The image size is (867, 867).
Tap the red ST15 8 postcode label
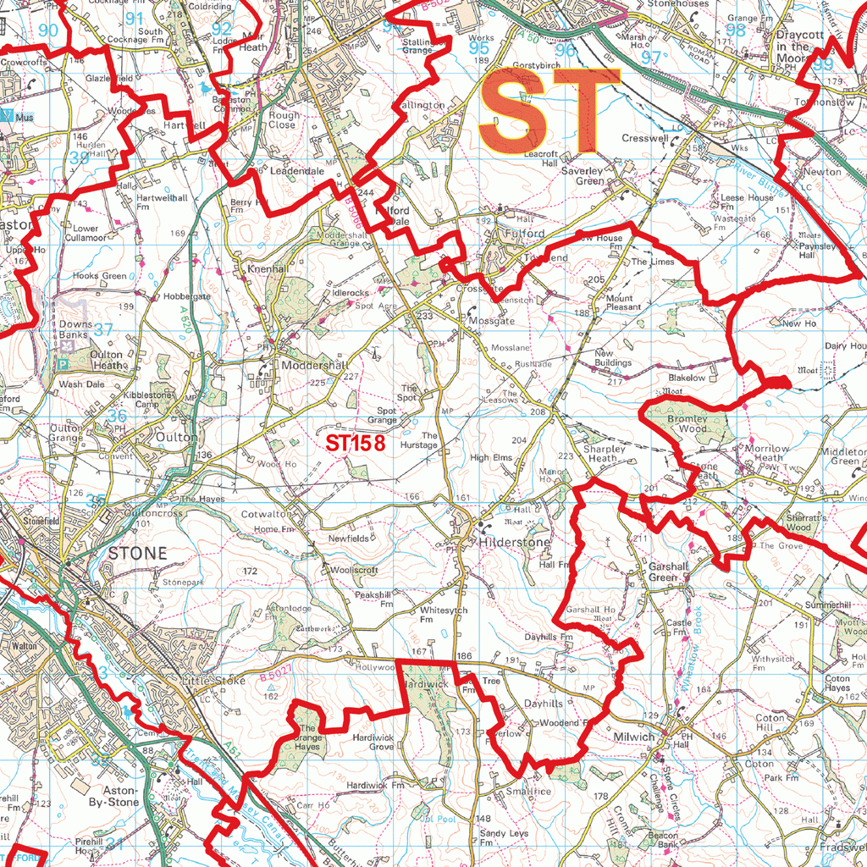[356, 442]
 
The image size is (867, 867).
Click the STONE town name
[138, 553]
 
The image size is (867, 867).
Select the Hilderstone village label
[515, 542]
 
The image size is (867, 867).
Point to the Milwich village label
[634, 737]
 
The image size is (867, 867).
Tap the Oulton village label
[176, 438]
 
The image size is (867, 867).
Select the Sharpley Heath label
[605, 453]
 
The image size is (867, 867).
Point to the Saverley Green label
[583, 175]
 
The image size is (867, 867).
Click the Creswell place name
[645, 138]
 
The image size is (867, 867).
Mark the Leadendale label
[296, 170]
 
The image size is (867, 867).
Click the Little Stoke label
[213, 680]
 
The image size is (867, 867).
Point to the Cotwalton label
[265, 514]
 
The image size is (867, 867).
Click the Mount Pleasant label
[623, 303]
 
